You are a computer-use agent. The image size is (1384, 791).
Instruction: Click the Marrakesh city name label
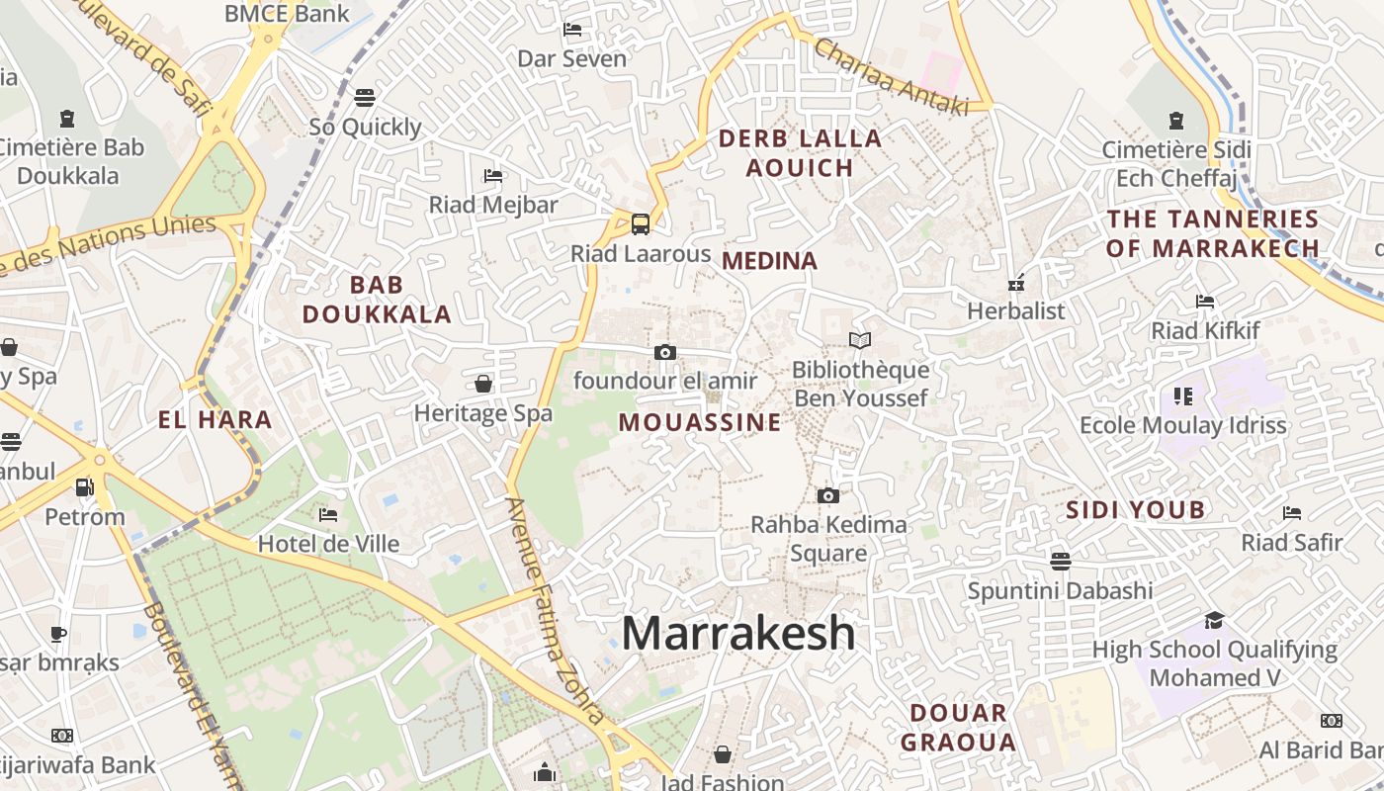[738, 633]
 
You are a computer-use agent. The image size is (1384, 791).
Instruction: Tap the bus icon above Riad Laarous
[641, 224]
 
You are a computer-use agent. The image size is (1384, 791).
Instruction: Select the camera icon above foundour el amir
[665, 352]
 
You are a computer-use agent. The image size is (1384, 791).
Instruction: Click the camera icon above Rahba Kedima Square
[828, 495]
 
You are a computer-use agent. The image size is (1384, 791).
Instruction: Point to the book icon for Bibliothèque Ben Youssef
[860, 341]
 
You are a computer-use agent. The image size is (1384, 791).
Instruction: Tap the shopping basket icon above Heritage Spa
[483, 384]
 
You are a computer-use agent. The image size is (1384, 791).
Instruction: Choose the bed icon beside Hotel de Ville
[328, 514]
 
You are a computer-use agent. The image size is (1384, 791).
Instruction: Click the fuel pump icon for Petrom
[85, 487]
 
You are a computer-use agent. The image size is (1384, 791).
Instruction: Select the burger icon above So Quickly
[365, 97]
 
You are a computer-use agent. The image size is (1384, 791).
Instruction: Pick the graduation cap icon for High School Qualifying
[1214, 620]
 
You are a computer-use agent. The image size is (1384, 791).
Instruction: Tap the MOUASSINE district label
[700, 423]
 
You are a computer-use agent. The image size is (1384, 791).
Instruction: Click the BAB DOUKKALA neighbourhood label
[377, 300]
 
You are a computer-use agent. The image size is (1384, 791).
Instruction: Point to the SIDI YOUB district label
[1136, 510]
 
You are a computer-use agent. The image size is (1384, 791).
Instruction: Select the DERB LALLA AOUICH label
[800, 153]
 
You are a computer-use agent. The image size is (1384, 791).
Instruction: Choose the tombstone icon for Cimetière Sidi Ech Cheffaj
[1176, 121]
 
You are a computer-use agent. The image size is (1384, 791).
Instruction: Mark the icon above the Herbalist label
[1015, 284]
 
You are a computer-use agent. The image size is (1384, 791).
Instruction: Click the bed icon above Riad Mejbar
[493, 176]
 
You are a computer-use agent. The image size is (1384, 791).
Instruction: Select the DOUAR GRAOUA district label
[958, 727]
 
